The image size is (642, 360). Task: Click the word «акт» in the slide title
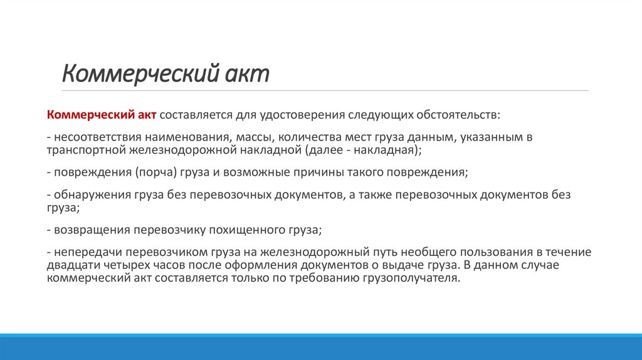click(247, 73)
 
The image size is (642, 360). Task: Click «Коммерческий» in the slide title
click(139, 73)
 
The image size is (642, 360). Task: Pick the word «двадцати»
click(71, 265)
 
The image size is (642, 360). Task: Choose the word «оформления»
click(241, 265)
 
